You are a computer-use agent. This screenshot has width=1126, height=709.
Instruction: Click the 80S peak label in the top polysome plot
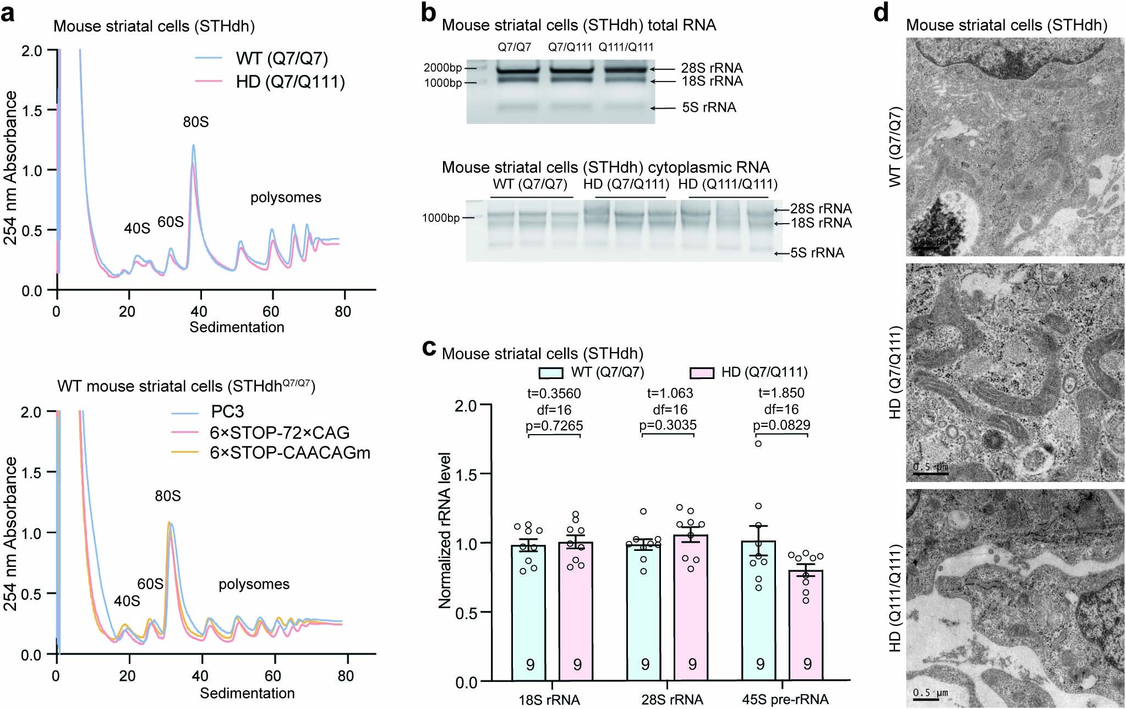click(195, 122)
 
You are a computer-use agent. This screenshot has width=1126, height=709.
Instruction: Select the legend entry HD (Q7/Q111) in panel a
click(290, 82)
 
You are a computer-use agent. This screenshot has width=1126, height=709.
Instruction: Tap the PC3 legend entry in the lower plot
click(227, 412)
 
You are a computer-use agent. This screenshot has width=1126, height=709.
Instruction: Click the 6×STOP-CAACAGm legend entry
click(289, 453)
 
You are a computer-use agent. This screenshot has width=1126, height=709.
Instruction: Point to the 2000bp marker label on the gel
click(442, 68)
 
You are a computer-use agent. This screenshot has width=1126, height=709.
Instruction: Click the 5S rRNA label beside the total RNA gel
click(709, 107)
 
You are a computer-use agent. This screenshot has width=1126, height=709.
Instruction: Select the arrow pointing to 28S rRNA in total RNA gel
click(663, 69)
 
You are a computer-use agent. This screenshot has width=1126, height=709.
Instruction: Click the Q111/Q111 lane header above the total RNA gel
click(626, 47)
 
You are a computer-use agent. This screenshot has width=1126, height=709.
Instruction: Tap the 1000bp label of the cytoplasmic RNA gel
click(440, 218)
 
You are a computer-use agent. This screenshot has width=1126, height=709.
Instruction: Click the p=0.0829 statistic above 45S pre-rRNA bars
click(781, 425)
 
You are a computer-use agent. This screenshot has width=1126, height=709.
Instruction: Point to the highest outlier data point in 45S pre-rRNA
click(758, 443)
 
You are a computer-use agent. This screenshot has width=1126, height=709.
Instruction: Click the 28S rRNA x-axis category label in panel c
click(671, 700)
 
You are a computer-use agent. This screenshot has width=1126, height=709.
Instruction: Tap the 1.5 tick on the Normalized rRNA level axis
click(466, 474)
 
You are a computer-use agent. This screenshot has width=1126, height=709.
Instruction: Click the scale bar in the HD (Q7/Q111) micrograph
click(931, 473)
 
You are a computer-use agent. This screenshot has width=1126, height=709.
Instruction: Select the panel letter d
click(881, 12)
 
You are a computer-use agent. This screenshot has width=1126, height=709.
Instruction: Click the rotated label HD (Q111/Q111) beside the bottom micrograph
click(894, 597)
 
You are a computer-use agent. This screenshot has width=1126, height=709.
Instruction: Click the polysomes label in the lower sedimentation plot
click(254, 584)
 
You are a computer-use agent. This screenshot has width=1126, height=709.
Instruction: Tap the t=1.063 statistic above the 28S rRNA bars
click(670, 393)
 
